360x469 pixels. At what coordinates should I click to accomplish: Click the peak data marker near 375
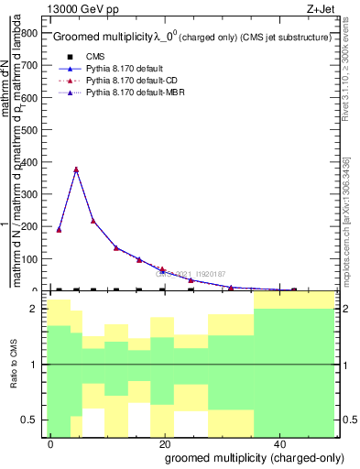[76, 169]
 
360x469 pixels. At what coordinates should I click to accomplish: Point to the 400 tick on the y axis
[32, 162]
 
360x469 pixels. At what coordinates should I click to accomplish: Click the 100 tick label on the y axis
[32, 259]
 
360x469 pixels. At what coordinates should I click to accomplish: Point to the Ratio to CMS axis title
[14, 366]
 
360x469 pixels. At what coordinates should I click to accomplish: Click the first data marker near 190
[59, 229]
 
